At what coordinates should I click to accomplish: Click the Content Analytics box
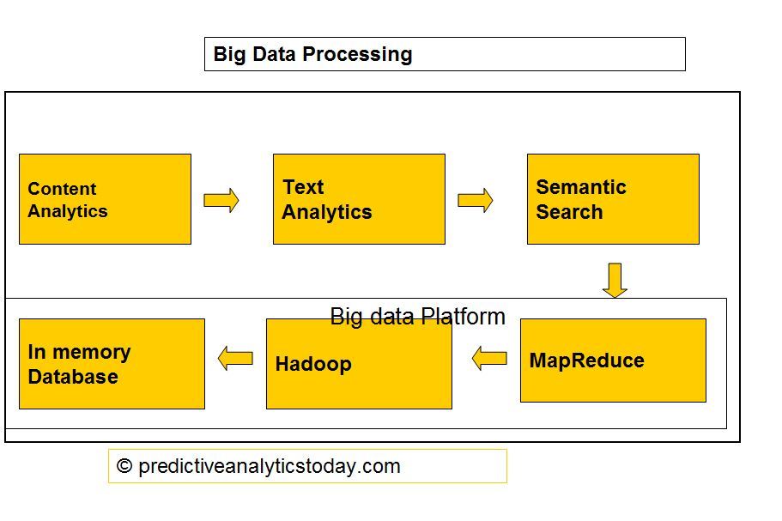pyautogui.click(x=105, y=199)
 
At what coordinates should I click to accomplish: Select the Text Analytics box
pyautogui.click(x=359, y=199)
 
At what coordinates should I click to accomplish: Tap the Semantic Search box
pyautogui.click(x=613, y=199)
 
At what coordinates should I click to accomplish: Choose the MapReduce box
pyautogui.click(x=613, y=360)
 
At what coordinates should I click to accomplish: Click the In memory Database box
pyautogui.click(x=112, y=364)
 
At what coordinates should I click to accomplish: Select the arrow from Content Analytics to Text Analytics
pyautogui.click(x=221, y=200)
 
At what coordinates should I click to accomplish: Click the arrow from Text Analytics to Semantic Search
pyautogui.click(x=476, y=200)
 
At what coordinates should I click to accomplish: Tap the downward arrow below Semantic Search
pyautogui.click(x=615, y=280)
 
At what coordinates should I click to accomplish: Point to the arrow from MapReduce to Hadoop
pyautogui.click(x=489, y=358)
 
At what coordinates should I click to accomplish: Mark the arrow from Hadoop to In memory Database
pyautogui.click(x=235, y=358)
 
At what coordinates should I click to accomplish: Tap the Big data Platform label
pyautogui.click(x=417, y=317)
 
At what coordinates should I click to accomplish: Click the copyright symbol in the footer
pyautogui.click(x=124, y=466)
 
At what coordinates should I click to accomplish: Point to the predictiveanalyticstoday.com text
pyautogui.click(x=269, y=466)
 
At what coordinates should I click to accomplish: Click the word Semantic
pyautogui.click(x=581, y=187)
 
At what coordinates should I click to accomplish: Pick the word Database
pyautogui.click(x=73, y=377)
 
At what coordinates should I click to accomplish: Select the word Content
pyautogui.click(x=62, y=189)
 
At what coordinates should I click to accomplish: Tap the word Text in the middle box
pyautogui.click(x=303, y=187)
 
